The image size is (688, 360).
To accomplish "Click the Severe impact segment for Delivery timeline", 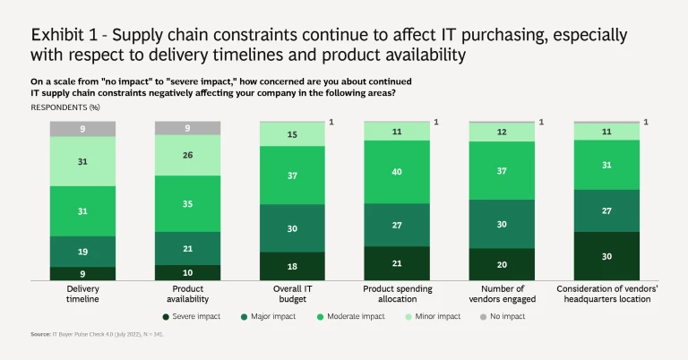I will point(83,273).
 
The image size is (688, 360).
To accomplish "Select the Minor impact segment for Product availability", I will point(187,155).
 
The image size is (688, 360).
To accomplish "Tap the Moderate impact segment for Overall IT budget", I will point(292,176).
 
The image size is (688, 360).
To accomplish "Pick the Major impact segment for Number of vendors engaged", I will point(502,224).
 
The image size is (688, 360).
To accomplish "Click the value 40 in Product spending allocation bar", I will point(397,172).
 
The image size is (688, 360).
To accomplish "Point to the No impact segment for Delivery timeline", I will point(83,128).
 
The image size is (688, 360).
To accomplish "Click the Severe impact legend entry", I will point(193,316).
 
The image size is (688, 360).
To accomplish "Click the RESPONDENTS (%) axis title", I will point(64,107).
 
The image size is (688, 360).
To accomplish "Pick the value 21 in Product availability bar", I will point(187,248).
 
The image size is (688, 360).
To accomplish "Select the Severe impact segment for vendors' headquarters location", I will point(606,256).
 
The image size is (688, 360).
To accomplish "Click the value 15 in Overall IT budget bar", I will point(292,134).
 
